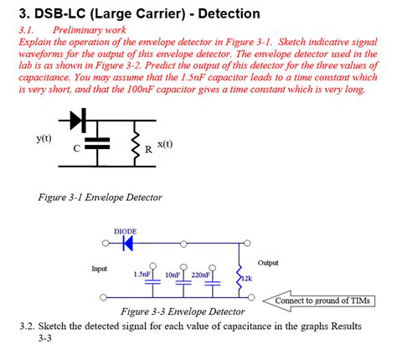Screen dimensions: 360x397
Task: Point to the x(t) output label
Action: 165,144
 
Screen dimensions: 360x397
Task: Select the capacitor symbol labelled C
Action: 99,143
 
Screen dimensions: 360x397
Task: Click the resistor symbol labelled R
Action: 137,144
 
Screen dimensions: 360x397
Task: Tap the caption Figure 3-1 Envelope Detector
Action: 100,198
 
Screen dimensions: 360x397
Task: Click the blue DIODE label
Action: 125,231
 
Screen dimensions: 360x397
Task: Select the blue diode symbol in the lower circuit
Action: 128,244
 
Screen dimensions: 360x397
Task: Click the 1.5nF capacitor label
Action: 142,274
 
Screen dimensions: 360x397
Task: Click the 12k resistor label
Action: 246,278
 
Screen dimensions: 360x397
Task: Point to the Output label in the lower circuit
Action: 268,262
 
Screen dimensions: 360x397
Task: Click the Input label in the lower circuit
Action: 101,269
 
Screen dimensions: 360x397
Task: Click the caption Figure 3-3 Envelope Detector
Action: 183,311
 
